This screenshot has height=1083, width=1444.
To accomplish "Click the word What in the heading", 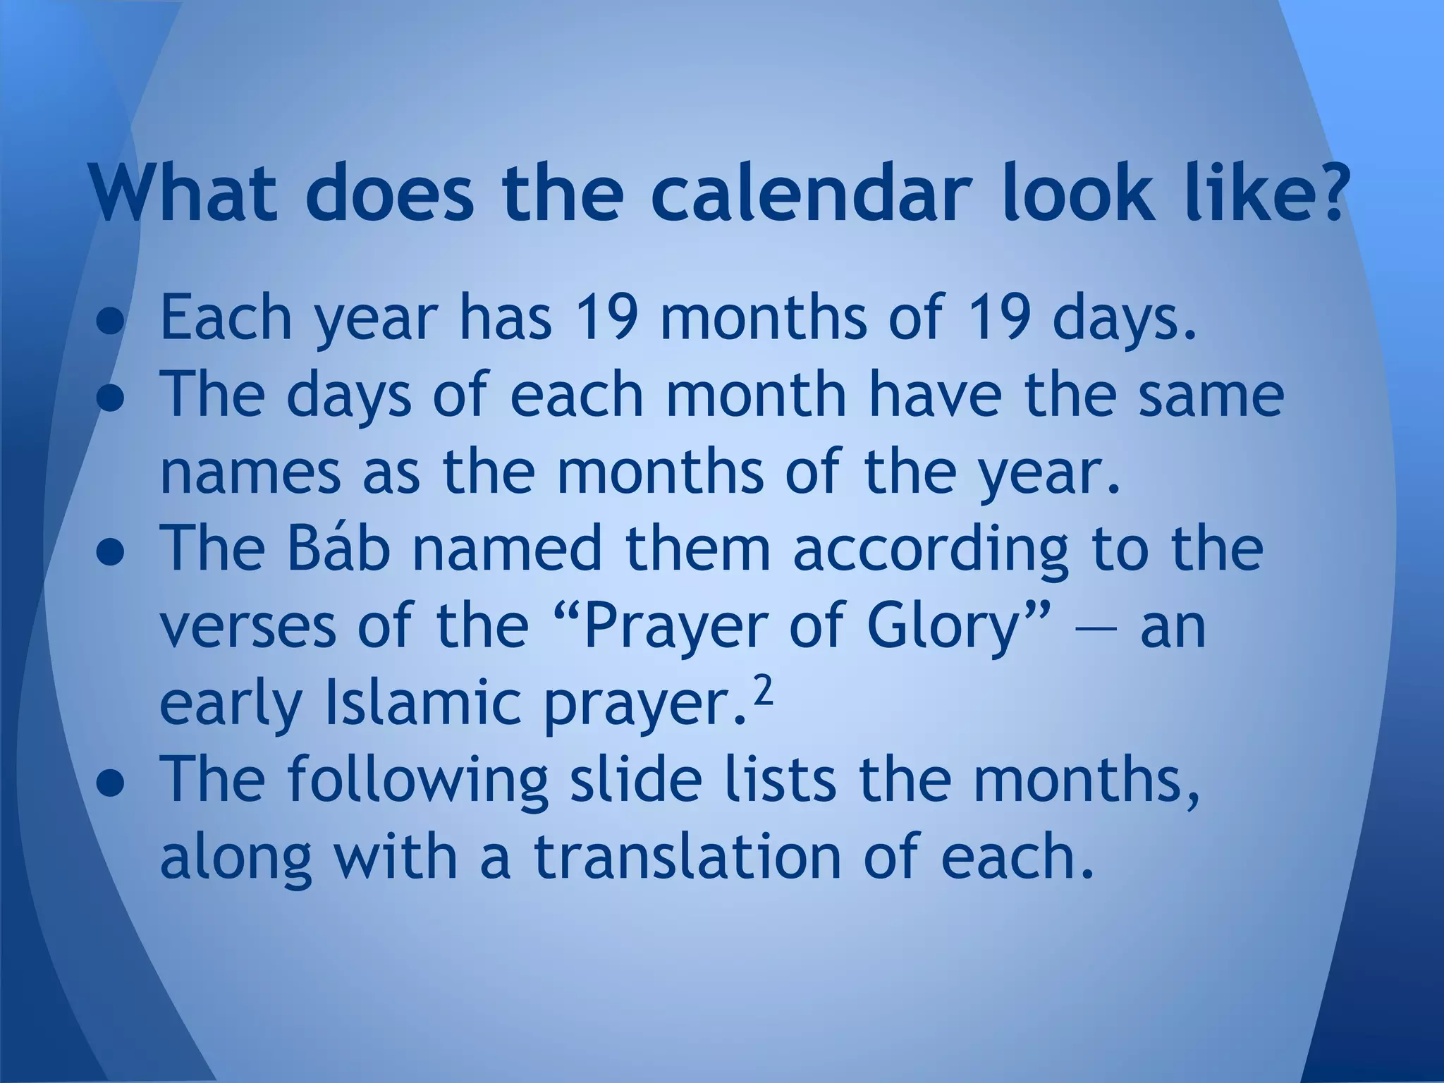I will click(x=185, y=192).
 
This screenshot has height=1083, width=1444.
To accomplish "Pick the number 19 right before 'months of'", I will click(x=608, y=317).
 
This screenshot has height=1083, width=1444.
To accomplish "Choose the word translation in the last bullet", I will click(x=687, y=857).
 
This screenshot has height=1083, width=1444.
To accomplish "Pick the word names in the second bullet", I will click(x=250, y=472).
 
